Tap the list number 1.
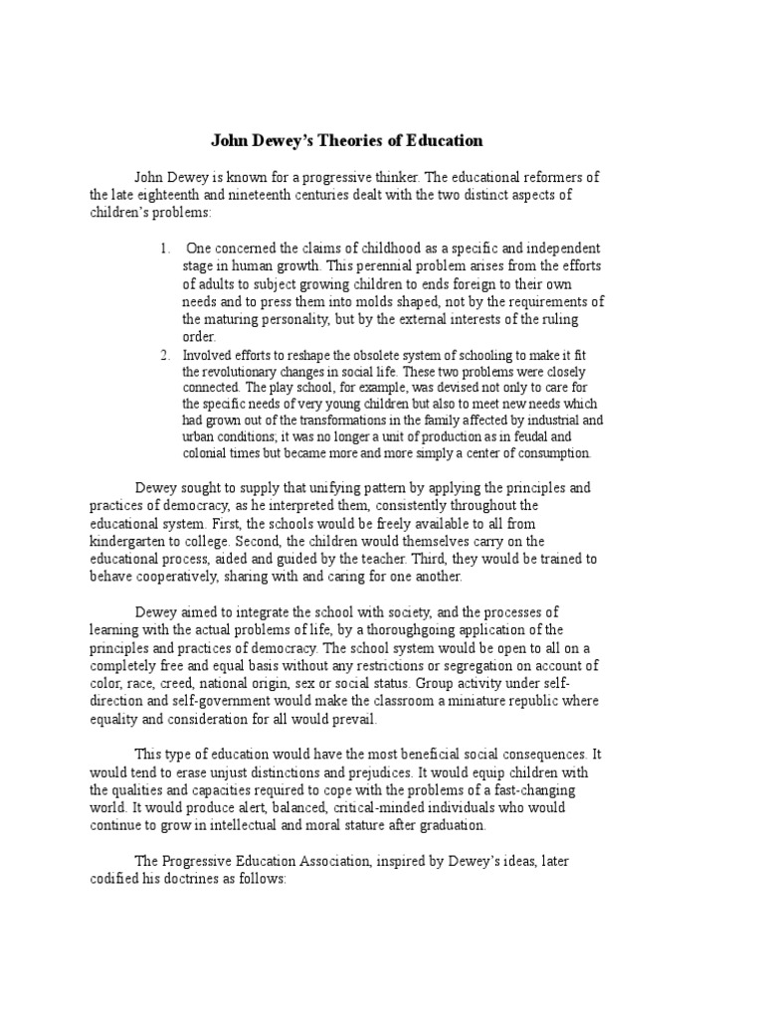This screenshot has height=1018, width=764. tap(165, 248)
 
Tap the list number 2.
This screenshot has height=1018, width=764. tap(165, 355)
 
